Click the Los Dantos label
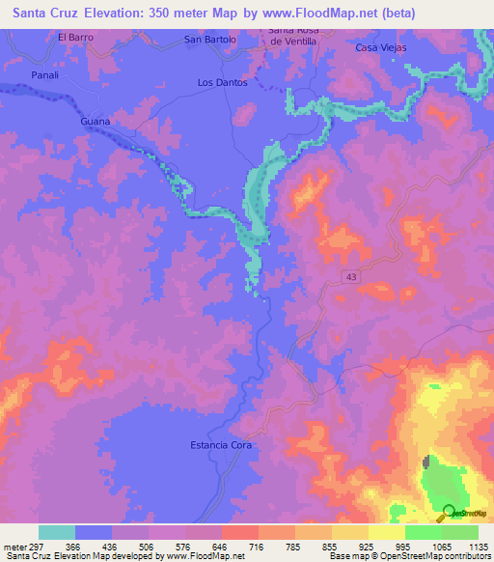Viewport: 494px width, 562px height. [x=222, y=83]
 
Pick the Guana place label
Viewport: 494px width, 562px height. [x=96, y=123]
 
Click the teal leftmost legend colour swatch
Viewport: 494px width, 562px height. [x=57, y=532]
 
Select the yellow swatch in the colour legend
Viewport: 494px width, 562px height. [x=387, y=532]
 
